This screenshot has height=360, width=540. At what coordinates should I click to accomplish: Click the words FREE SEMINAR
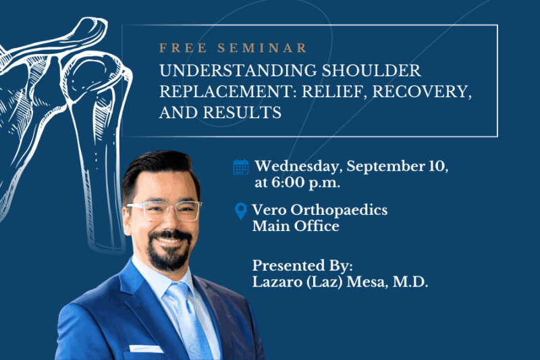pyautogui.click(x=233, y=48)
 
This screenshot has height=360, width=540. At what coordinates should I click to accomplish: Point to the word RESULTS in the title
pyautogui.click(x=242, y=113)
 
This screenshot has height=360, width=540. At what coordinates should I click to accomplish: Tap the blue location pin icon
pyautogui.click(x=240, y=211)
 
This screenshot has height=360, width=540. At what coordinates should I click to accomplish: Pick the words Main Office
pyautogui.click(x=296, y=226)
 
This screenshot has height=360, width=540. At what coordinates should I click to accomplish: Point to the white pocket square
pyautogui.click(x=145, y=349)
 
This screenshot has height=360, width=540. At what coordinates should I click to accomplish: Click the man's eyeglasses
pyautogui.click(x=165, y=211)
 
